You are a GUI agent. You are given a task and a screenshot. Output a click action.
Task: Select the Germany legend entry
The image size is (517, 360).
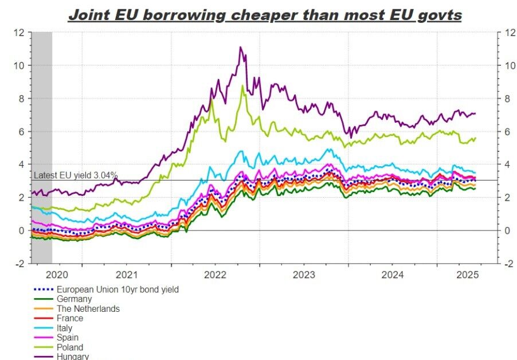tap(74, 299)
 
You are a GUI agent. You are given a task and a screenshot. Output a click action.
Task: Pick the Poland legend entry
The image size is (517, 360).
tap(70, 347)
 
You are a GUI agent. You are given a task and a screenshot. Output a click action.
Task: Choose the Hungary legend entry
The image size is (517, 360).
tap(73, 357)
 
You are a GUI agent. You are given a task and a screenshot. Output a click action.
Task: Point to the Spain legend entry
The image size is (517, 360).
tap(69, 338)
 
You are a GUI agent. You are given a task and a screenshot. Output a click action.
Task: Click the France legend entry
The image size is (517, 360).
tap(70, 318)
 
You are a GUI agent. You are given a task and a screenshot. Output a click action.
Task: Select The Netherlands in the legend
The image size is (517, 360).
tap(88, 308)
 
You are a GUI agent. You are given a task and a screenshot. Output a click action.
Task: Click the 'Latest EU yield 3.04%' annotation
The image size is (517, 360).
tap(76, 175)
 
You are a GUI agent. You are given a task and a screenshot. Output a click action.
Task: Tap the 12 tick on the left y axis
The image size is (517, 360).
tap(19, 33)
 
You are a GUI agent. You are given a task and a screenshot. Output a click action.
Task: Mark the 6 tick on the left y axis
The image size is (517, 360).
tap(22, 132)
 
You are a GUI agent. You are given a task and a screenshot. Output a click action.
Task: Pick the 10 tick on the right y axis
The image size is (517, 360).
tap(506, 65)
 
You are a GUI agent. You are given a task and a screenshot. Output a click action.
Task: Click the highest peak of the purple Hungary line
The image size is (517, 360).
tap(240, 48)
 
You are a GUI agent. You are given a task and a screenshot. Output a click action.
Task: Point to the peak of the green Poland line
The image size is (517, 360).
tap(242, 86)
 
